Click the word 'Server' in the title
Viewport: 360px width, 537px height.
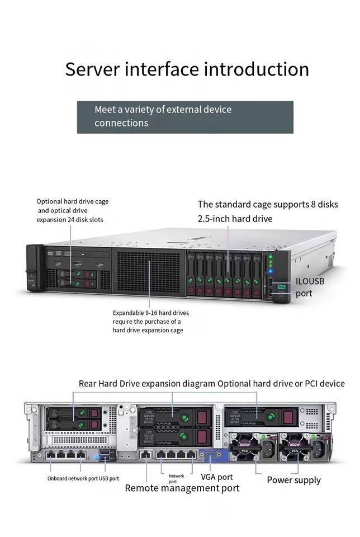(x=92, y=69)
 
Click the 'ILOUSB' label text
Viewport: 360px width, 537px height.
(x=310, y=281)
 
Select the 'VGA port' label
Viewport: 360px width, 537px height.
(x=217, y=477)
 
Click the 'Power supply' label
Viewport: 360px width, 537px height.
(x=293, y=480)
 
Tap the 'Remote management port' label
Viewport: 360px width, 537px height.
(x=182, y=488)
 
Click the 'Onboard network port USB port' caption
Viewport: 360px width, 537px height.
(x=83, y=479)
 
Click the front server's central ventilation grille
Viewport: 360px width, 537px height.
(x=149, y=271)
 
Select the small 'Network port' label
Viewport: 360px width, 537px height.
(x=176, y=479)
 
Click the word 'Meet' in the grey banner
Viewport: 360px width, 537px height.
(x=105, y=110)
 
